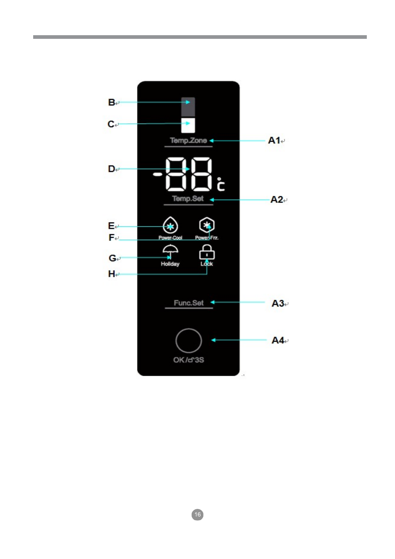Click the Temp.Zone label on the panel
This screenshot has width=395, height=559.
click(188, 140)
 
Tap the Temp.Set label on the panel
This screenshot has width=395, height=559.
click(188, 199)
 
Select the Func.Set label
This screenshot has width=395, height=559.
click(189, 303)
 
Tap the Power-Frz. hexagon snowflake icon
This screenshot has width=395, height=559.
click(207, 225)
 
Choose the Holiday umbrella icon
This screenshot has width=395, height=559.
click(170, 252)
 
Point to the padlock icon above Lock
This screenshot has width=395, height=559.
click(207, 253)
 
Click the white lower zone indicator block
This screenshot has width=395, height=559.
click(188, 125)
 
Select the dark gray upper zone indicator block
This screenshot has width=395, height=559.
click(188, 107)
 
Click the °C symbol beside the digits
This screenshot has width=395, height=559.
click(221, 185)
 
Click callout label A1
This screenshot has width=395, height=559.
click(274, 140)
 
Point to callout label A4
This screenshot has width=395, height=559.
click(278, 340)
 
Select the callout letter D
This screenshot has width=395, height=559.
click(111, 169)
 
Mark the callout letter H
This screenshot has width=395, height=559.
click(111, 274)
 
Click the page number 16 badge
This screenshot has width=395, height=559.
click(197, 515)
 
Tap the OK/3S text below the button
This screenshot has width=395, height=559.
click(188, 360)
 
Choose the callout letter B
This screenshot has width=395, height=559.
click(111, 102)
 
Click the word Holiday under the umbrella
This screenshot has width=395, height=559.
click(170, 264)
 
